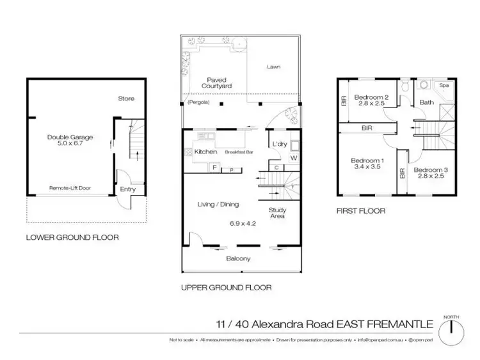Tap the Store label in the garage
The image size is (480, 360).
click(x=126, y=98)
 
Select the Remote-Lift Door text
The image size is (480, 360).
click(x=69, y=189)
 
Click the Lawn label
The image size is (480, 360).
click(x=274, y=67)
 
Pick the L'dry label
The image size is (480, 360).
click(x=278, y=144)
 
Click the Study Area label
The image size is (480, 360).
click(x=277, y=214)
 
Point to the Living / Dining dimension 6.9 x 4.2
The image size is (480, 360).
click(x=242, y=224)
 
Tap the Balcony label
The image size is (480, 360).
click(x=237, y=258)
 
